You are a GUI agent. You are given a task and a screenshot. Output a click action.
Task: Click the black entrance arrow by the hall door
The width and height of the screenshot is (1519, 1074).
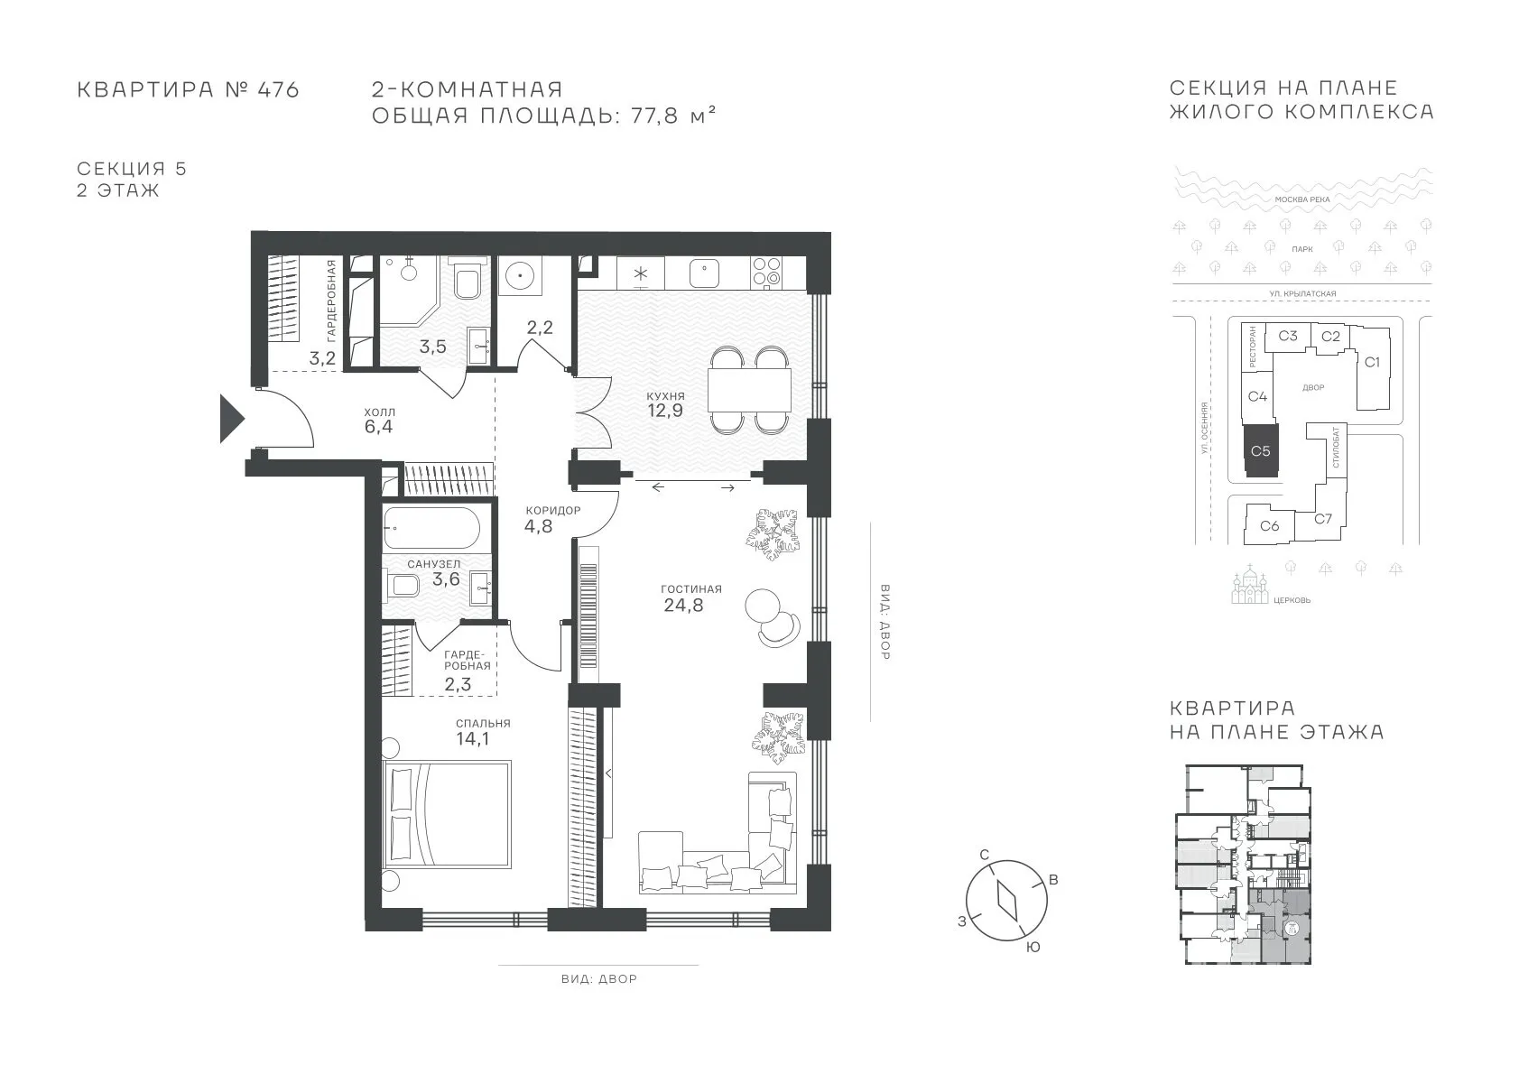click(230, 419)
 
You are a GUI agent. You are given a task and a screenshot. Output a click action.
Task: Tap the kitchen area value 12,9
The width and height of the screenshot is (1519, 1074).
click(664, 411)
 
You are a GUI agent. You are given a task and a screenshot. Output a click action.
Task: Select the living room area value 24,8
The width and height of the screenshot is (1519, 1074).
click(683, 605)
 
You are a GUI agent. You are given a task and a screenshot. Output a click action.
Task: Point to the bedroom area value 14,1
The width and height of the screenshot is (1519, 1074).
click(473, 738)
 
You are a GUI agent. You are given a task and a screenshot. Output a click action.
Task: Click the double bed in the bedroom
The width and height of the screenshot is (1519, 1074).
click(447, 814)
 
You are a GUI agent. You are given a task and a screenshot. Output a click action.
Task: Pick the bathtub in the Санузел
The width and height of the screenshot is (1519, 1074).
click(432, 527)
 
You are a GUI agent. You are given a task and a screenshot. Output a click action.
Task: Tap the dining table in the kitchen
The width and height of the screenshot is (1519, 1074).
click(749, 390)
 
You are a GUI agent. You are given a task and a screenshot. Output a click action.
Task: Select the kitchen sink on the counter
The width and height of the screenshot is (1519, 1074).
click(704, 273)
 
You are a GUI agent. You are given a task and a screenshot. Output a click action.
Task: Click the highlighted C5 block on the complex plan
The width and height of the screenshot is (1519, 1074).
click(1261, 451)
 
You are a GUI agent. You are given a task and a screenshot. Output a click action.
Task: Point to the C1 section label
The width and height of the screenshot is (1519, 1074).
click(1372, 362)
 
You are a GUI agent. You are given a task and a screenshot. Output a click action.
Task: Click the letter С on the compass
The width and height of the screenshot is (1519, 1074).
click(985, 855)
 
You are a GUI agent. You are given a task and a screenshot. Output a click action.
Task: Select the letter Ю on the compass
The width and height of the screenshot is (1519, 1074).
click(1033, 948)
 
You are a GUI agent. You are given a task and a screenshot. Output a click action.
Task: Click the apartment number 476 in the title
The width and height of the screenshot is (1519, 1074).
click(278, 89)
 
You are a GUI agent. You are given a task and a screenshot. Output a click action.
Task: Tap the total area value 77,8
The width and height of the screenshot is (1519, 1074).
click(654, 116)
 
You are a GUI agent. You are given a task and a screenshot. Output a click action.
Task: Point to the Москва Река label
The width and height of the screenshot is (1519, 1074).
click(1302, 199)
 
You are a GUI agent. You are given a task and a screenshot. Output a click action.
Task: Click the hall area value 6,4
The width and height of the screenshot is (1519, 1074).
click(378, 427)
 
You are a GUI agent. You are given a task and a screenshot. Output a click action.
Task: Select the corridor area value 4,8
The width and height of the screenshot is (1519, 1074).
click(539, 526)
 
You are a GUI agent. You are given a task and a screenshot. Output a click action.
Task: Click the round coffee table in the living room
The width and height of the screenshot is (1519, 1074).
click(763, 606)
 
